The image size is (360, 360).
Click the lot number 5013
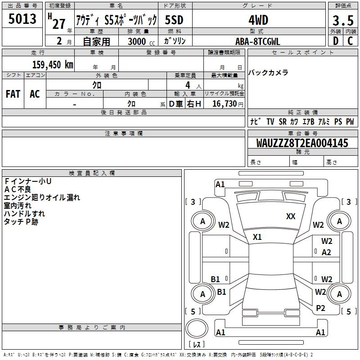pos(22,19)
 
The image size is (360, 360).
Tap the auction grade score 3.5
pos(343,20)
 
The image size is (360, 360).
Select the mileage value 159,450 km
pos(53,64)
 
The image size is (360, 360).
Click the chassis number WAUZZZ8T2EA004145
pos(302,143)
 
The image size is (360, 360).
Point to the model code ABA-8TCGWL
pos(258,41)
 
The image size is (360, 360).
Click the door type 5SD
pos(174,20)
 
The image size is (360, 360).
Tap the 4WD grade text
pos(258,20)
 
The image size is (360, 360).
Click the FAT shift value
pos(13,94)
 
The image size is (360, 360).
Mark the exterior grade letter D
pos(336,41)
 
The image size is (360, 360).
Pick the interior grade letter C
pos(350,41)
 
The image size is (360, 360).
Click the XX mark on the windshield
pos(291,216)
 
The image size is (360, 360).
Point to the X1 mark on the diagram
pos(257,237)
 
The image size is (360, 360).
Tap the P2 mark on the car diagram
pos(320,308)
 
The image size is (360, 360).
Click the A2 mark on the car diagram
pos(326,252)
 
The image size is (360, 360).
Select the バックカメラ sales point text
pos(268,72)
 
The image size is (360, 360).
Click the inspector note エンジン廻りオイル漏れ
pos(42,198)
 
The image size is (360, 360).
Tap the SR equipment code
pos(283,121)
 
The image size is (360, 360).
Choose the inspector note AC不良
pos(18,189)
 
